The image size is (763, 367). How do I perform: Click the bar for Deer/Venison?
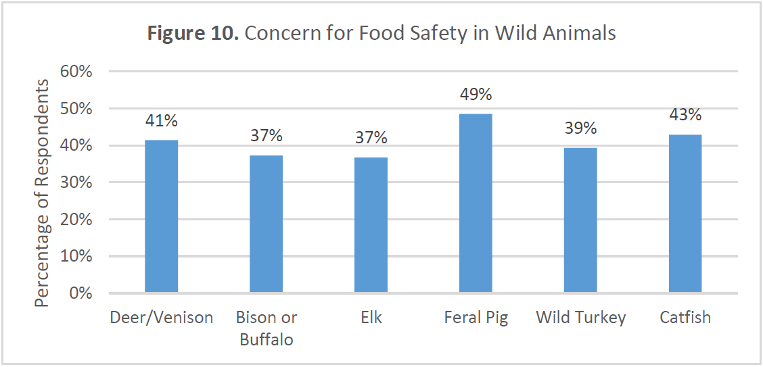(162, 216)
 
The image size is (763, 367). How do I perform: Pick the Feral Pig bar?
(476, 203)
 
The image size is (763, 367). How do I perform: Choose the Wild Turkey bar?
(580, 220)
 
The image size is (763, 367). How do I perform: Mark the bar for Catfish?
(685, 214)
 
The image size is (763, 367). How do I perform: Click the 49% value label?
(476, 95)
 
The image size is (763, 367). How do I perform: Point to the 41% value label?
(162, 121)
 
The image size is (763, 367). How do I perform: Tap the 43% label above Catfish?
(685, 115)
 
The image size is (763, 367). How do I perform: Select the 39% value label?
(580, 128)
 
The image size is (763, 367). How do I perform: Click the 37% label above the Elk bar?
(371, 138)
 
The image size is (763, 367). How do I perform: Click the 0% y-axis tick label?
(80, 293)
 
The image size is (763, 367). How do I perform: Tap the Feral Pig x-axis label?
(476, 317)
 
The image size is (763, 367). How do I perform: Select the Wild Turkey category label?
(580, 317)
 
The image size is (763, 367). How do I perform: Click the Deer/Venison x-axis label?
(162, 317)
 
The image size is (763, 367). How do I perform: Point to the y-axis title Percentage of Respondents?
(43, 193)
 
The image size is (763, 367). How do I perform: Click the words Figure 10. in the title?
(193, 33)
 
